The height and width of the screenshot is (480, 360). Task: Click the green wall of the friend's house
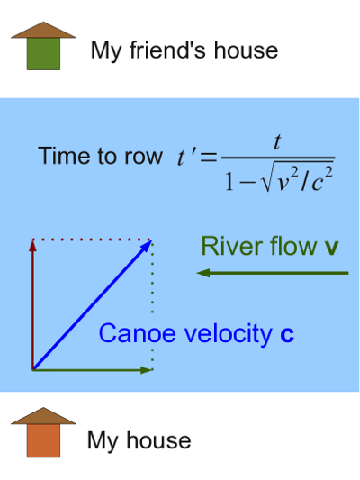[x=43, y=54]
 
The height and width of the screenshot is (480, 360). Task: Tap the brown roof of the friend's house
[x=43, y=30]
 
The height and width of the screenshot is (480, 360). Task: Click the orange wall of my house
[x=43, y=440]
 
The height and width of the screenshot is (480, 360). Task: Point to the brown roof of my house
[x=43, y=416]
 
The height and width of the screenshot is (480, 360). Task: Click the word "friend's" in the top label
[x=167, y=50]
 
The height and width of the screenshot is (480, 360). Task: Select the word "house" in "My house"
[x=158, y=440]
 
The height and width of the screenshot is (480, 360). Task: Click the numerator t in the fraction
[x=277, y=142]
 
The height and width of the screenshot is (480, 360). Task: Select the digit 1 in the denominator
[x=229, y=181]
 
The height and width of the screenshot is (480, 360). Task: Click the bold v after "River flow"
[x=331, y=248]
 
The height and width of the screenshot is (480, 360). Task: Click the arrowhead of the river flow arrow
[x=203, y=273]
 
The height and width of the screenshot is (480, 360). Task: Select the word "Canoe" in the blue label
[x=137, y=333]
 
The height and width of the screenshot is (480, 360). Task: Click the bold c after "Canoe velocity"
[x=287, y=335]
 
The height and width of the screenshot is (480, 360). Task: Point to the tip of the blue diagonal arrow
[x=152, y=240]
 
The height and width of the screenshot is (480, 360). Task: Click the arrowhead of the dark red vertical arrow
[x=32, y=246]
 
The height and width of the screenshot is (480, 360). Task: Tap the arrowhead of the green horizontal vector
[x=147, y=370]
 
